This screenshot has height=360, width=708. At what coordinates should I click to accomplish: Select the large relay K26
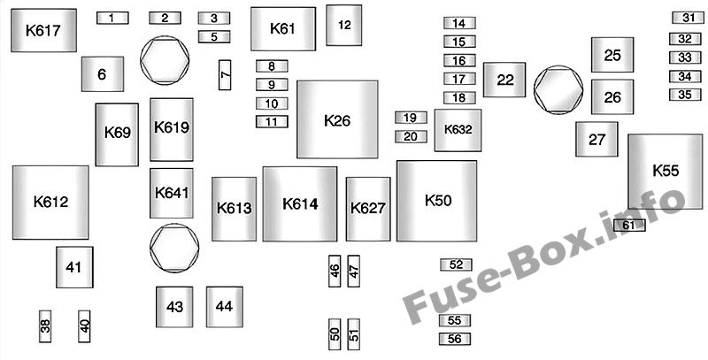coord(338,119)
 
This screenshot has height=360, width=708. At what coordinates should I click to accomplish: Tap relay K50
coord(437,201)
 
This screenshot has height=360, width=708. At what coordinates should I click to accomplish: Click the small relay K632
coord(458,130)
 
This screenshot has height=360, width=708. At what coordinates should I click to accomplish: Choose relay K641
coord(171,193)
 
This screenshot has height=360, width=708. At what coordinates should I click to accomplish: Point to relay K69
coord(117,134)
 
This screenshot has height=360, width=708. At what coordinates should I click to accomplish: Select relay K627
coord(368,209)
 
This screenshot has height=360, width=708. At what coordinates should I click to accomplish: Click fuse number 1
coord(112,18)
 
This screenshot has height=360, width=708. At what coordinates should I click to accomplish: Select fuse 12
coord(344,25)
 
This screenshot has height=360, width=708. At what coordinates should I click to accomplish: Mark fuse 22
coord(504,80)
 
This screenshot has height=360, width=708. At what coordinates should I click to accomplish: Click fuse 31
coord(685,18)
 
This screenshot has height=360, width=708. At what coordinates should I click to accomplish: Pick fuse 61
coord(629,226)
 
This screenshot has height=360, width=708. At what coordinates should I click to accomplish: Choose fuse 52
coord(456,264)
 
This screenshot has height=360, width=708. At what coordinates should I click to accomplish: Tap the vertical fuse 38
coord(45,325)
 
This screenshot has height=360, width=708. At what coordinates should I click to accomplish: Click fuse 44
coord(225,307)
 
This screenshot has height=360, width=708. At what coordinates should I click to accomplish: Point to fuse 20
coord(410,136)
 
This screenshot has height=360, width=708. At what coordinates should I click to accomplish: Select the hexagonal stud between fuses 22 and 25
coord(558,88)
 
